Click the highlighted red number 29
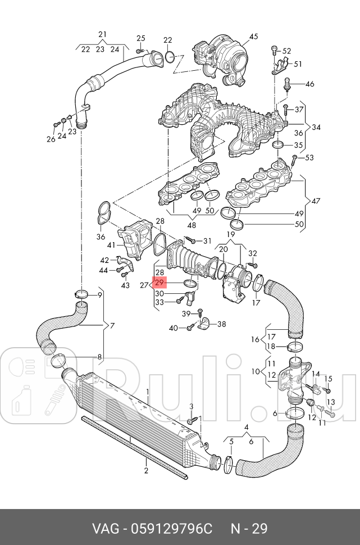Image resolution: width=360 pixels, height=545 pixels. (x=160, y=282)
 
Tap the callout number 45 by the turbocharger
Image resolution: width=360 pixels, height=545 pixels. (x=253, y=37)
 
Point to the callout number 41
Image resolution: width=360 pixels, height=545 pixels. (x=111, y=245)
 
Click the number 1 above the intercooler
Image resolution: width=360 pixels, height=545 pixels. (x=148, y=392)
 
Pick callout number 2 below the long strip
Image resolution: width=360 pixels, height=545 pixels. (x=146, y=471)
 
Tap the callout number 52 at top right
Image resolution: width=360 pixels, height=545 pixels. (x=286, y=51)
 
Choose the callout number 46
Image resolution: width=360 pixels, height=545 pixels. (x=309, y=84)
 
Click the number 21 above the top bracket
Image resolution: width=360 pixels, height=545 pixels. (x=102, y=34)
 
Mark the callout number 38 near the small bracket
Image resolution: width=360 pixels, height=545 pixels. (x=221, y=324)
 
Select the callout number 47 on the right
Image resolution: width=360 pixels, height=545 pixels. (x=316, y=201)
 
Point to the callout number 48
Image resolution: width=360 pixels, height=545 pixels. (x=191, y=225)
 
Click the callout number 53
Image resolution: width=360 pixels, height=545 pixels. (x=309, y=157)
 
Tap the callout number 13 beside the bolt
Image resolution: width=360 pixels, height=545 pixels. (x=330, y=402)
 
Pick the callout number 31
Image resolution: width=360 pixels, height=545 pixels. (x=207, y=241)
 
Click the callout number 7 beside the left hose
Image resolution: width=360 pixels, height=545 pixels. (x=112, y=326)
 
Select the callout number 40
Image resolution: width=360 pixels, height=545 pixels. (x=174, y=328)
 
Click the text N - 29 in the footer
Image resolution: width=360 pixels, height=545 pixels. (x=249, y=529)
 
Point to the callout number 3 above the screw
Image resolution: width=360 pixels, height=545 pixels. (x=191, y=406)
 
